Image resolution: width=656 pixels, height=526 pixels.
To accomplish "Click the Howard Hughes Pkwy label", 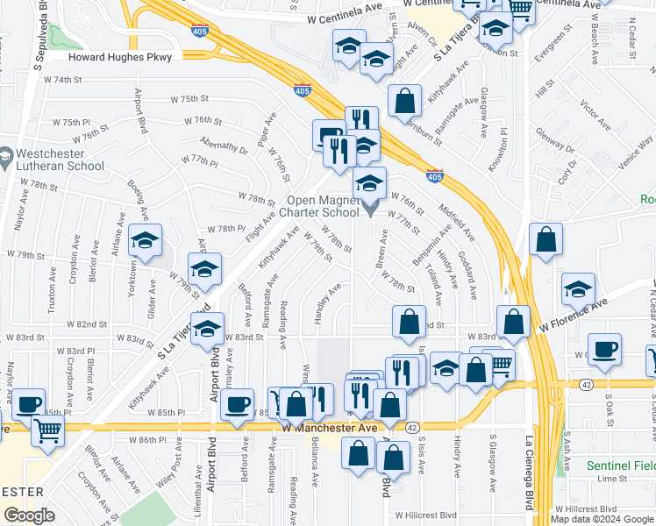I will (125, 56).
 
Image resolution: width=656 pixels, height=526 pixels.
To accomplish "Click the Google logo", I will (29, 516).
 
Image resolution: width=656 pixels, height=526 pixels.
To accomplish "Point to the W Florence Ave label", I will (574, 313).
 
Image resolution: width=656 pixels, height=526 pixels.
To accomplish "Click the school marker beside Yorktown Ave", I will (145, 241).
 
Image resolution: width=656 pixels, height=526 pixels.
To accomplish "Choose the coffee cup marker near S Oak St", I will (604, 350).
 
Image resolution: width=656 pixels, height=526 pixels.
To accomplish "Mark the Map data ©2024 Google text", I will (603, 518).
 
